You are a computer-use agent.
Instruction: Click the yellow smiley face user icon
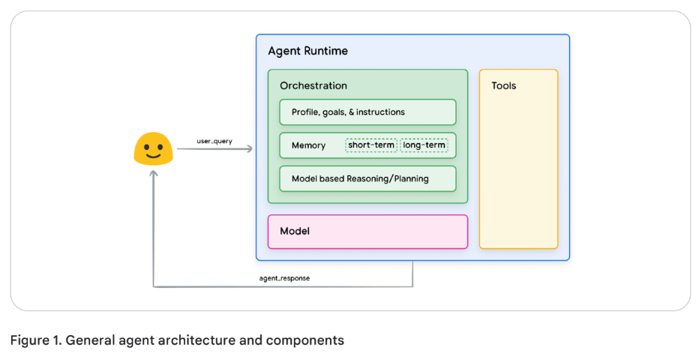point(153,149)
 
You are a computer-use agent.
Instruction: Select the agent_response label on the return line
point(284,278)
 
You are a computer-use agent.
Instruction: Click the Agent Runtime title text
point(307,51)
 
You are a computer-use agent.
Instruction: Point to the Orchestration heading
point(313,85)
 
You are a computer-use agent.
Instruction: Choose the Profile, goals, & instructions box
point(367,112)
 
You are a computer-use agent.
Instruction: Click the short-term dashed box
point(371,145)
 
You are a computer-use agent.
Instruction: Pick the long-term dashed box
point(424,145)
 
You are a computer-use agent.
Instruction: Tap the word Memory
point(308,145)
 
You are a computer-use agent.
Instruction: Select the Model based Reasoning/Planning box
point(367,178)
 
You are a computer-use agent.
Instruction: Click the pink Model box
point(367,231)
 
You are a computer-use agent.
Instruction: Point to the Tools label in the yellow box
point(503,85)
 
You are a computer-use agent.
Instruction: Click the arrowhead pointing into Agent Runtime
point(249,149)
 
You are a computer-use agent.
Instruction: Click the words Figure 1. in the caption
point(35,340)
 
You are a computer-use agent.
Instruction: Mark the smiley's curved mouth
point(153,156)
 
